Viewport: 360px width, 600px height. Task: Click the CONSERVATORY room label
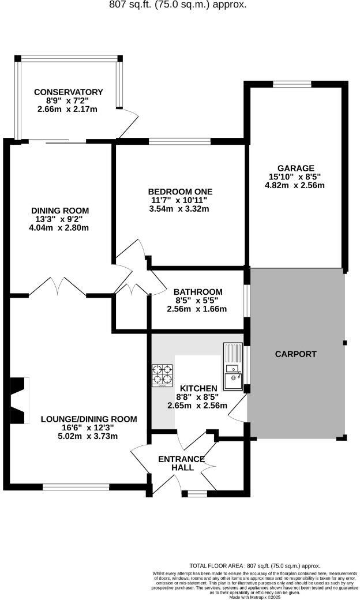[68, 92]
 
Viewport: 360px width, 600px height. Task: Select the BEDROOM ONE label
[180, 192]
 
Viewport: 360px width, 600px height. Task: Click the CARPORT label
[296, 354]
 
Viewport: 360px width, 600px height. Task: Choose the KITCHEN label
[198, 388]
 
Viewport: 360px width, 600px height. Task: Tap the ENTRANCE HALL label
[182, 463]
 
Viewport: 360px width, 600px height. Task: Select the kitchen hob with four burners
[163, 375]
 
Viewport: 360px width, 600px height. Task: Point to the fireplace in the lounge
[18, 400]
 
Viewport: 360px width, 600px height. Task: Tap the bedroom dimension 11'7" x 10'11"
[180, 200]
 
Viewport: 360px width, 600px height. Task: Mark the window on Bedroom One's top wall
[179, 140]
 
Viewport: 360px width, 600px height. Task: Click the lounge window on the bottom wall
[76, 486]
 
